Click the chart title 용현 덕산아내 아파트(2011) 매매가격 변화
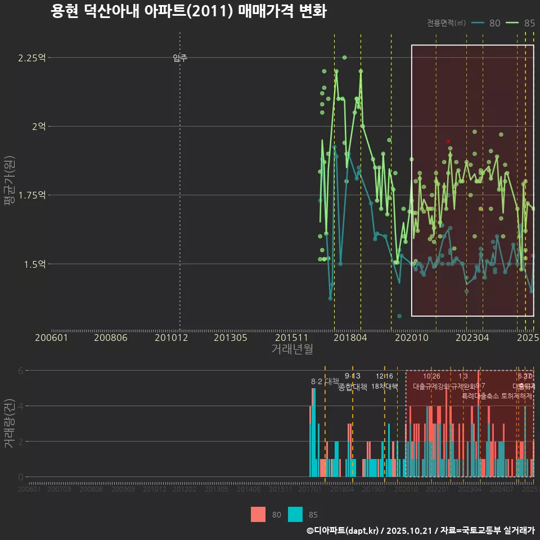[188, 11]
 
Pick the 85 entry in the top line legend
[521, 23]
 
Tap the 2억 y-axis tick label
[39, 127]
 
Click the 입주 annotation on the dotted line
[180, 58]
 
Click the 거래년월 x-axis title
[292, 349]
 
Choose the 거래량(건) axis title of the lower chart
[9, 424]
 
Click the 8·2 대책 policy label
[325, 381]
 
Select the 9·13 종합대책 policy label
[353, 381]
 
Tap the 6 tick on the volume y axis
[21, 371]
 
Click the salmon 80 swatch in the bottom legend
[258, 514]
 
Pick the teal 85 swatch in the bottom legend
[295, 514]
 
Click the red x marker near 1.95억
[448, 141]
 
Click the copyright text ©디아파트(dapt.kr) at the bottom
[343, 530]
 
